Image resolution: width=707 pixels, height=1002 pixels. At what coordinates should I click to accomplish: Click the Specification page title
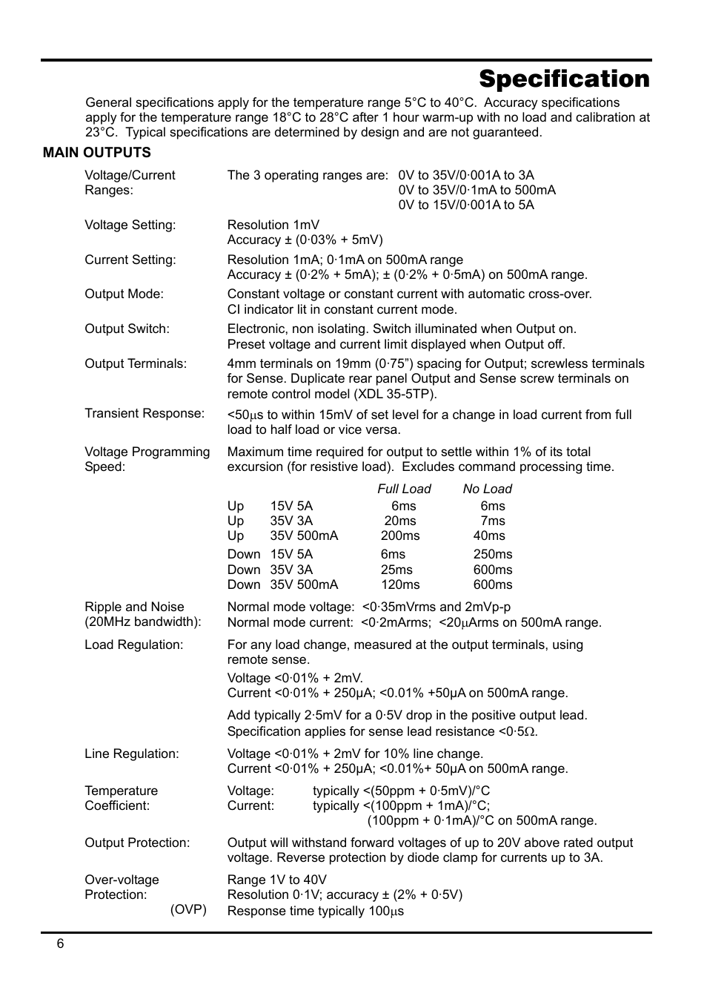[x=564, y=79]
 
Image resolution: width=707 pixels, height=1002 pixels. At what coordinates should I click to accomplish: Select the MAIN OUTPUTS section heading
[x=96, y=153]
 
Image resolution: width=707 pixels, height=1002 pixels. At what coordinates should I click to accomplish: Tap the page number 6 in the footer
[x=61, y=943]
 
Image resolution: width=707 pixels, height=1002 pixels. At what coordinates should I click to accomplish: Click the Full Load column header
[x=404, y=489]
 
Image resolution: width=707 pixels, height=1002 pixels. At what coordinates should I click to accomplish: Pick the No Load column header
[x=487, y=489]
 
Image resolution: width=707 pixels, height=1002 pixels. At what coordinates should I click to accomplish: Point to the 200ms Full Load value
[x=400, y=535]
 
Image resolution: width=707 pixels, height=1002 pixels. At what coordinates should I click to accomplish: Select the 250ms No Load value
[x=493, y=554]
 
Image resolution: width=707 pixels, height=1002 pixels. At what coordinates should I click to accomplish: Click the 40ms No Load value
[x=489, y=535]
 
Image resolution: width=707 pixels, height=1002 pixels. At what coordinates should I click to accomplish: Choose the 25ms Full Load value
[x=396, y=570]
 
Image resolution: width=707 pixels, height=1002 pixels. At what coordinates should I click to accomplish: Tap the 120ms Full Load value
[x=400, y=584]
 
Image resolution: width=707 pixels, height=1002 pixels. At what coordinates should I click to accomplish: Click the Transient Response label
[x=145, y=413]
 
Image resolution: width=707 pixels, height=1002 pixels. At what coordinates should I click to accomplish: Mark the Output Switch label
[x=127, y=329]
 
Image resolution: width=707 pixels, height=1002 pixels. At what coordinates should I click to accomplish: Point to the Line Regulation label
[x=132, y=754]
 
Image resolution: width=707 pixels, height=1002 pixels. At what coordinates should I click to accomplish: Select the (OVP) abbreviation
[x=188, y=909]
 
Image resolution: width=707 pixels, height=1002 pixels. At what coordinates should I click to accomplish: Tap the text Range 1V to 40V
[x=276, y=880]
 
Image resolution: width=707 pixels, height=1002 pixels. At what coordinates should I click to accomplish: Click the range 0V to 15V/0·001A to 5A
[x=466, y=205]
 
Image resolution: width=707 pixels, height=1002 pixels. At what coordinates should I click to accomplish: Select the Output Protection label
[x=137, y=843]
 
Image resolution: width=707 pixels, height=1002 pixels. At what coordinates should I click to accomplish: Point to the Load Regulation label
[x=133, y=645]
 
